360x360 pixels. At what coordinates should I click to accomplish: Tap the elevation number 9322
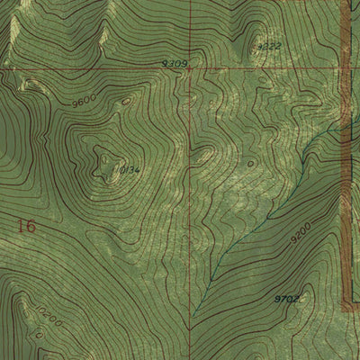(269, 45)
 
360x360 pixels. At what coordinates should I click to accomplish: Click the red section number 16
(26, 226)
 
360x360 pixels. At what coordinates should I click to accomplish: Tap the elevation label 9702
(285, 298)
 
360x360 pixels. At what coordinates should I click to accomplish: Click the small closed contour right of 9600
(125, 102)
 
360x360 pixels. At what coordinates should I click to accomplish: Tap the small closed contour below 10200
(40, 334)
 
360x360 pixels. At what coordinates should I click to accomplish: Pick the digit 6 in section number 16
(31, 226)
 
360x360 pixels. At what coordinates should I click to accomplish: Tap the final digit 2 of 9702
(295, 298)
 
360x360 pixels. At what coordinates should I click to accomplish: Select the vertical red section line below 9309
(190, 180)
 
